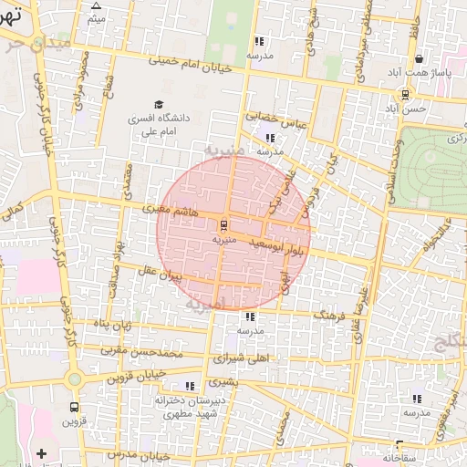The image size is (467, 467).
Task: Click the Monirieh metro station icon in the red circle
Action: tap(224, 224)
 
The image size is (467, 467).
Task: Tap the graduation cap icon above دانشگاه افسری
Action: tap(160, 105)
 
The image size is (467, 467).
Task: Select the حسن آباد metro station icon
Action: tap(405, 94)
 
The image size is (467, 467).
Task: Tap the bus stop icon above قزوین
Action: tap(73, 407)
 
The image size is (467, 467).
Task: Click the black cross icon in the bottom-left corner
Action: tap(40, 453)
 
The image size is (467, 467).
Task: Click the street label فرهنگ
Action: tap(332, 314)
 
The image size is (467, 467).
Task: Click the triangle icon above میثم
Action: tap(96, 5)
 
